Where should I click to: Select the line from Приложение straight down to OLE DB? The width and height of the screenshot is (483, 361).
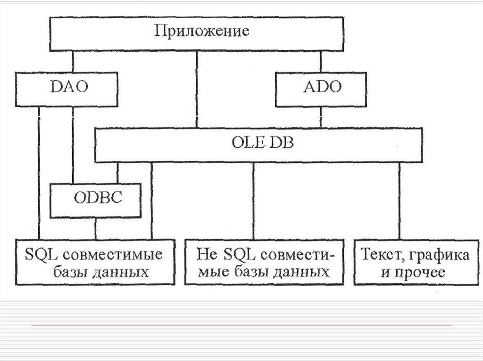pos(197,89)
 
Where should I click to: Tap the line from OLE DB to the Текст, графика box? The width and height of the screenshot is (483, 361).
pos(399,201)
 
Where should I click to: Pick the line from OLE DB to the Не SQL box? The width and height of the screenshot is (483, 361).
pos(253,201)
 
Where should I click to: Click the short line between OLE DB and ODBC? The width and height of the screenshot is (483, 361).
pos(118,173)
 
